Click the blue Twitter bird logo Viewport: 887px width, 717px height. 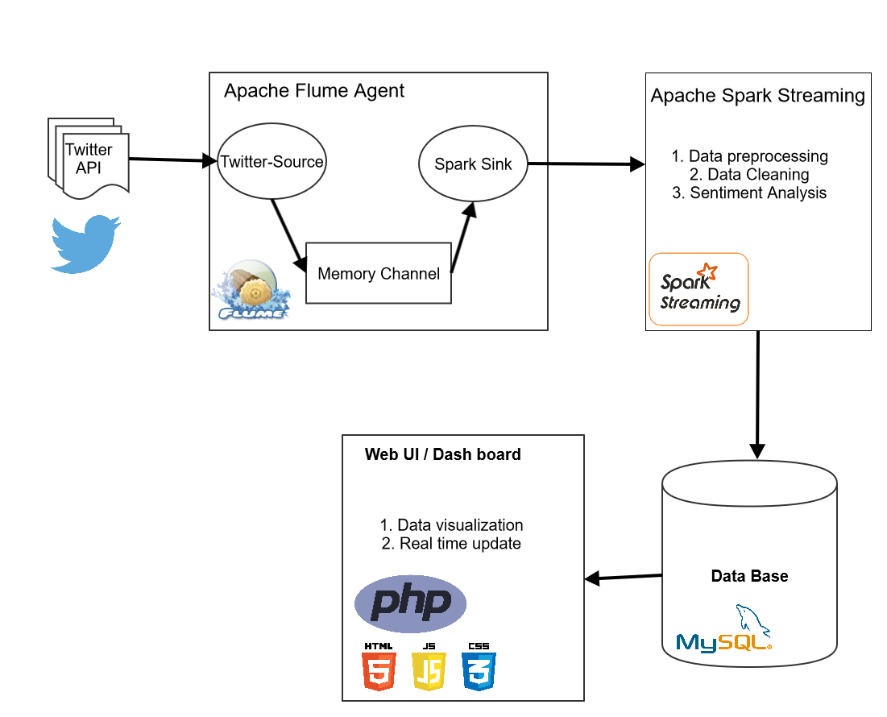[x=85, y=243]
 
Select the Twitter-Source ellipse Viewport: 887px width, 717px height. [x=271, y=162]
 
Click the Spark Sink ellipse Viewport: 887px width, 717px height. [x=473, y=164]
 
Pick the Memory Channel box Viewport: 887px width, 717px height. [x=379, y=273]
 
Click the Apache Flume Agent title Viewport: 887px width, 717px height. [x=314, y=91]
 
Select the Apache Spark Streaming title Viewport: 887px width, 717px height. [x=757, y=97]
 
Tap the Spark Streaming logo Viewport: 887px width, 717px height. [x=699, y=289]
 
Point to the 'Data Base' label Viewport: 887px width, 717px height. [x=749, y=576]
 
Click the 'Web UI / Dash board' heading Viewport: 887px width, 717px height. [x=442, y=454]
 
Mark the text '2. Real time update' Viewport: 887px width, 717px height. [x=451, y=544]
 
